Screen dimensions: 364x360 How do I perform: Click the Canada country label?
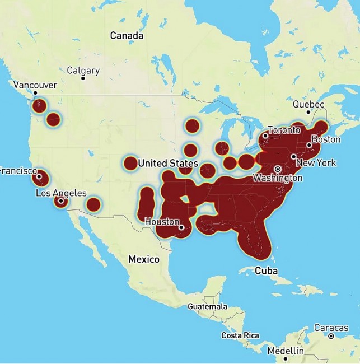pyautogui.click(x=127, y=36)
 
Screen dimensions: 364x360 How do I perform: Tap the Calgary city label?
pyautogui.click(x=83, y=71)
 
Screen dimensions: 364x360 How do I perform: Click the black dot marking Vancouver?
pyautogui.click(x=35, y=93)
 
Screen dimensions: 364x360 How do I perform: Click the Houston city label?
pyautogui.click(x=162, y=221)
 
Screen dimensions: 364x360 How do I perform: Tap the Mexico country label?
pyautogui.click(x=144, y=259)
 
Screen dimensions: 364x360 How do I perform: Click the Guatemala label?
pyautogui.click(x=207, y=307)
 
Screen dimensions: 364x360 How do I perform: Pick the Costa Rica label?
pyautogui.click(x=240, y=335)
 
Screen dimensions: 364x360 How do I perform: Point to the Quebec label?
pyautogui.click(x=308, y=105)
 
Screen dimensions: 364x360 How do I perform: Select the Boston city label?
pyautogui.click(x=325, y=139)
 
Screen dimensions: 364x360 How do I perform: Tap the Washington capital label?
pyautogui.click(x=277, y=178)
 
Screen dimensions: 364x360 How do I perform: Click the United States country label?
pyautogui.click(x=168, y=164)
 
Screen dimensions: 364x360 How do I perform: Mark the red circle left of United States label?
pyautogui.click(x=130, y=163)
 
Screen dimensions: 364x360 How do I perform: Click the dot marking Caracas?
pyautogui.click(x=331, y=336)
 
